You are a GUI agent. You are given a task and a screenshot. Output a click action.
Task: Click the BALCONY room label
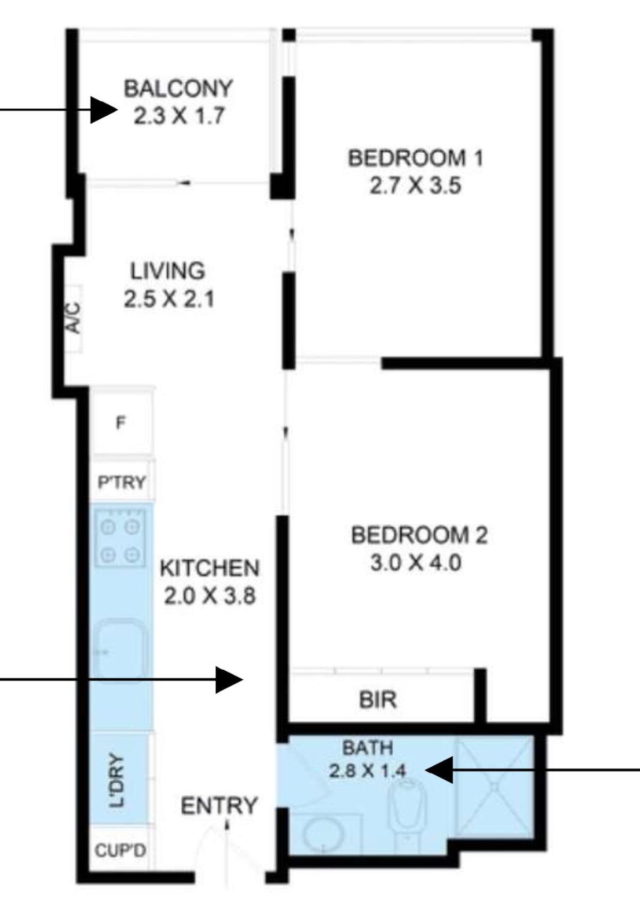coord(179,89)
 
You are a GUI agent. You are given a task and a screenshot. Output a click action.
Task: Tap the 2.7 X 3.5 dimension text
coord(415,187)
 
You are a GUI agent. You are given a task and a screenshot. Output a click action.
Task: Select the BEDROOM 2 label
coord(419,536)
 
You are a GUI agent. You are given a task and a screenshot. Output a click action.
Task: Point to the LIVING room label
coord(168,271)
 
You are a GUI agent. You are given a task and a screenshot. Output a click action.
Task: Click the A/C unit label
coord(74,318)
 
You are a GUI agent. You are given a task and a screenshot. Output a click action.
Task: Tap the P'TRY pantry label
coord(121,482)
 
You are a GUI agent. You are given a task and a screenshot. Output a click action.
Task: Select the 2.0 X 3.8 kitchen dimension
coord(209,596)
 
